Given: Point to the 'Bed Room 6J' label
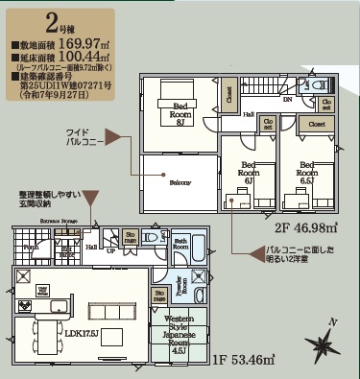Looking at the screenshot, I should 248,171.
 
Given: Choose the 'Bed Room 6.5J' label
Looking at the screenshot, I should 307,171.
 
